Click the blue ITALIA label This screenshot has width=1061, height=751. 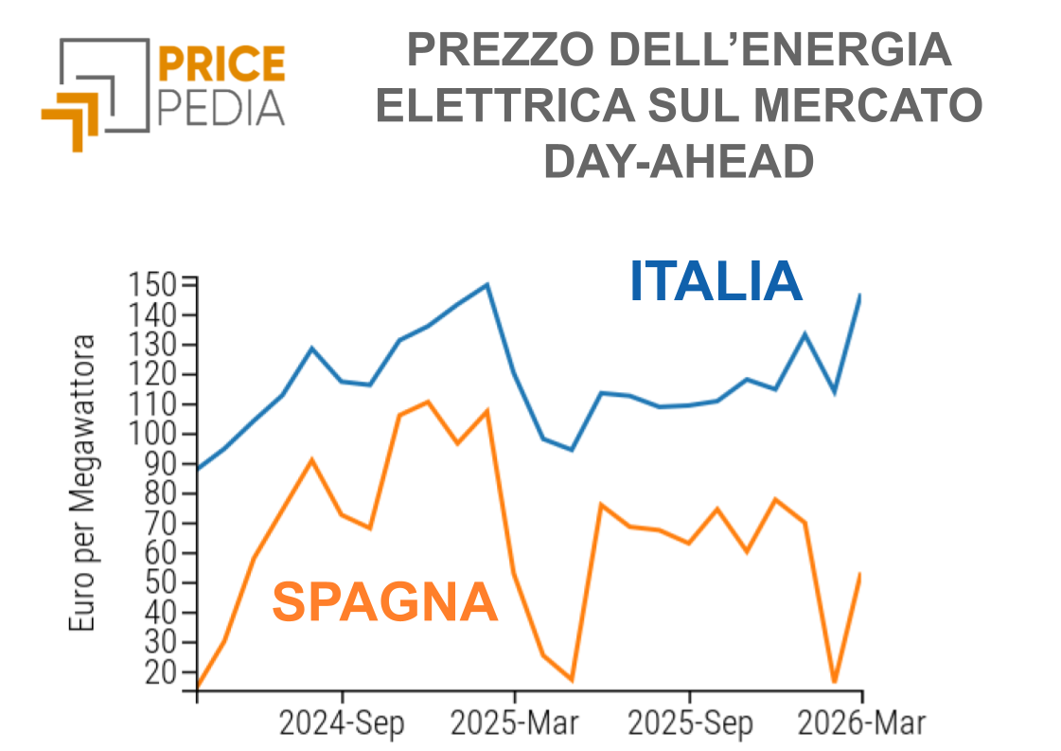coord(716,282)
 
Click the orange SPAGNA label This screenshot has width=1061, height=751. coord(384,602)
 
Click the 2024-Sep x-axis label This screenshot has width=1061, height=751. coord(342,724)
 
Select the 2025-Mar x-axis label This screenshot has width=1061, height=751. coord(514,724)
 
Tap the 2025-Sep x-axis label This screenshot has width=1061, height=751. coord(691,724)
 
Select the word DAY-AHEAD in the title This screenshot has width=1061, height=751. coord(679,162)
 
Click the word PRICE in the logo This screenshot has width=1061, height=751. coord(221,64)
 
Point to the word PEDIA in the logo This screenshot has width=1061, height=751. coord(221,109)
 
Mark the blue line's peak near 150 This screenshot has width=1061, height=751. coord(486,284)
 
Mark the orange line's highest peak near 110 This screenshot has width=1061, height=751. coord(428,402)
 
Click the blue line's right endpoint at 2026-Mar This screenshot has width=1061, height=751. coord(860,295)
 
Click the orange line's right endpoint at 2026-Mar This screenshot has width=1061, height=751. coord(860,573)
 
